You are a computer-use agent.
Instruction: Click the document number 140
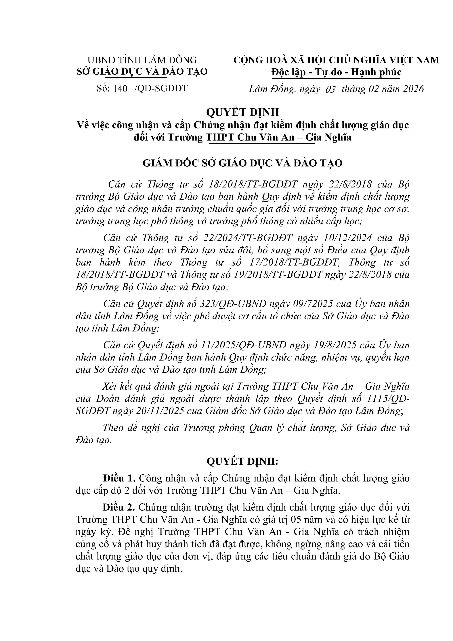pyautogui.click(x=120, y=88)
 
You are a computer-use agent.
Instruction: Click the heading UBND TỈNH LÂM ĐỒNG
pyautogui.click(x=142, y=60)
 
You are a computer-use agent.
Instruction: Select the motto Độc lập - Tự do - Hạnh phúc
pyautogui.click(x=336, y=72)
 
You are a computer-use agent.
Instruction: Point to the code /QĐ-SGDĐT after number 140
pyautogui.click(x=161, y=88)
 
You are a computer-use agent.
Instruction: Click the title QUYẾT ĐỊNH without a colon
pyautogui.click(x=242, y=112)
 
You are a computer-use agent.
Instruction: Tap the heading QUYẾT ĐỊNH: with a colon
pyautogui.click(x=242, y=462)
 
